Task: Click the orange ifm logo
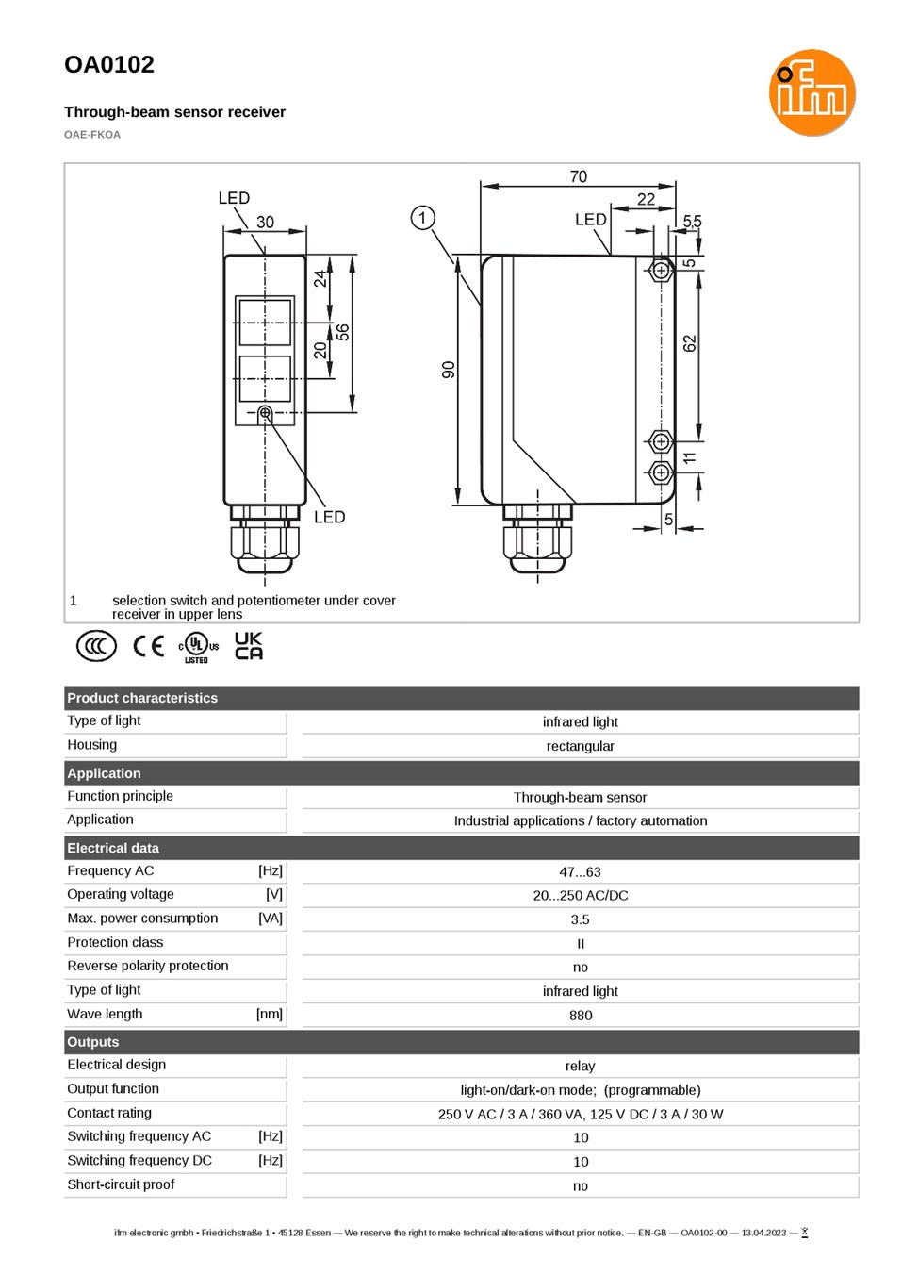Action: pyautogui.click(x=812, y=92)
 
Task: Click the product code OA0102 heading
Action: pyautogui.click(x=109, y=64)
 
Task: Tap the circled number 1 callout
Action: pyautogui.click(x=422, y=218)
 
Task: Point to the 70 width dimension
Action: pyautogui.click(x=578, y=176)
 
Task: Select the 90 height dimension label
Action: pyautogui.click(x=449, y=370)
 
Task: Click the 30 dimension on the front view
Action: pyautogui.click(x=265, y=222)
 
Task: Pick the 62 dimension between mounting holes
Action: pyautogui.click(x=689, y=344)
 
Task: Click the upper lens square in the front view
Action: pyautogui.click(x=265, y=323)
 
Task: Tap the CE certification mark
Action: pyautogui.click(x=148, y=646)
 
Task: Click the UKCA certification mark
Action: pyautogui.click(x=249, y=645)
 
